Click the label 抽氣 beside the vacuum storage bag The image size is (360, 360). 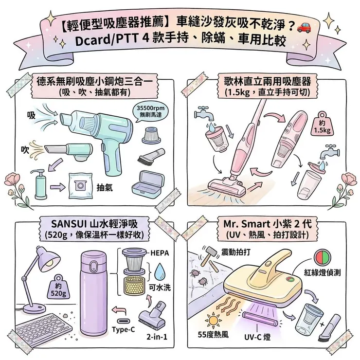[x=106, y=187]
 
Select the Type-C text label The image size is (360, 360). [x=123, y=329]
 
